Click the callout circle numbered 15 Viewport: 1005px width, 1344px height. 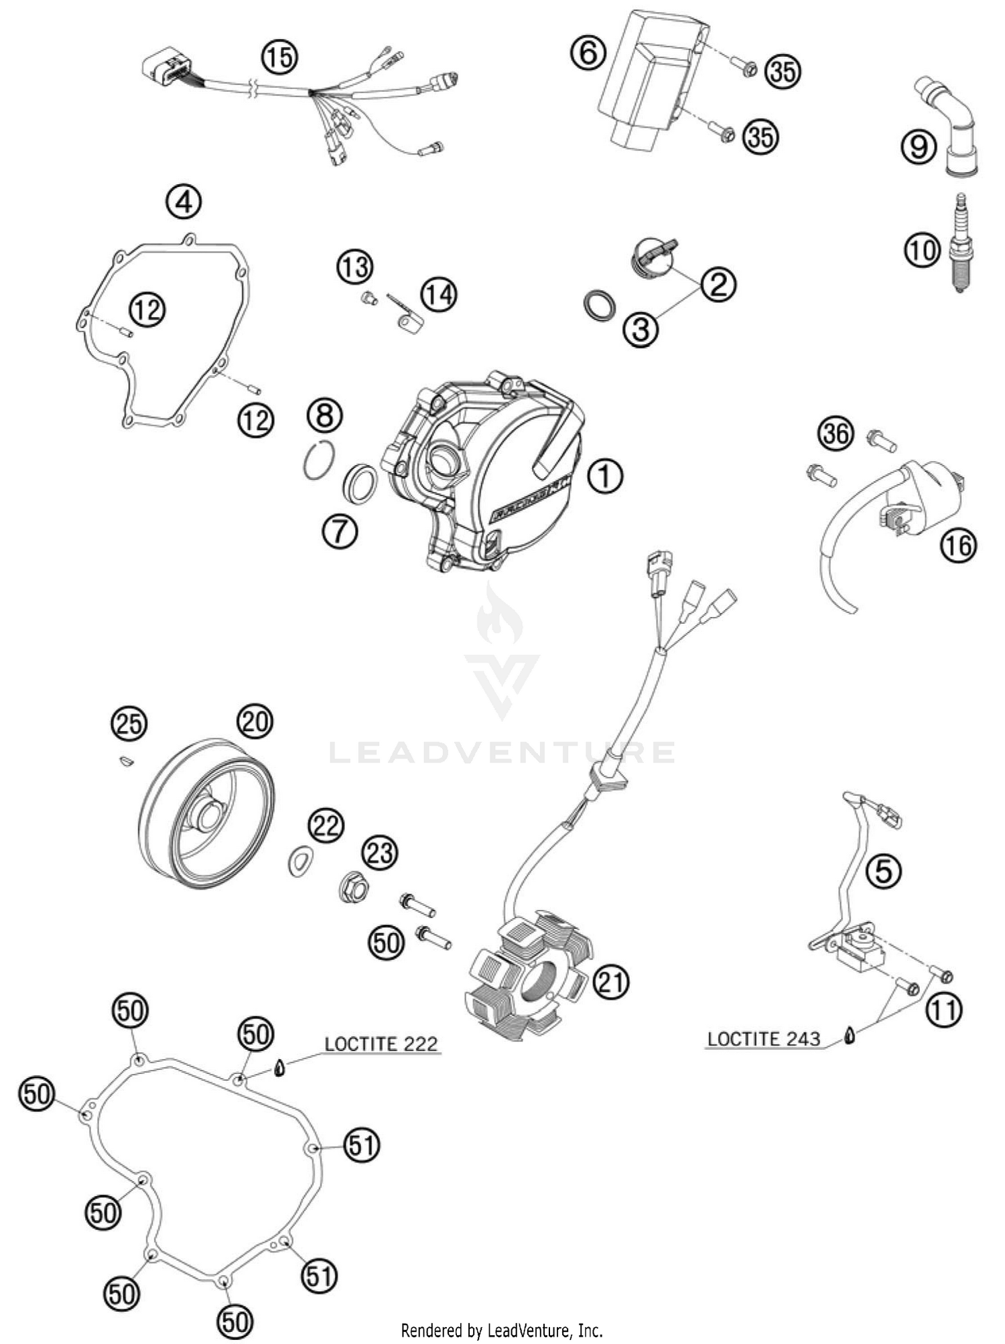[x=279, y=57]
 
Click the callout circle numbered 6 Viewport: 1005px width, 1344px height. [x=588, y=52]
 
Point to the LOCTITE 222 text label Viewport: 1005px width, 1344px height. [x=381, y=1044]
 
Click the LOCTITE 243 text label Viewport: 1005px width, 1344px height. [x=764, y=1039]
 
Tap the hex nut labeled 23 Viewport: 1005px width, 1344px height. [x=354, y=889]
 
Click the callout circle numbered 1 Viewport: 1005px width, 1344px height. [x=605, y=476]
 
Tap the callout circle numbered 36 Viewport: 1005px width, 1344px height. [x=835, y=434]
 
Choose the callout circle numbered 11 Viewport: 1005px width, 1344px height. [x=943, y=1010]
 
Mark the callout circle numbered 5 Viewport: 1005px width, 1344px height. [x=883, y=871]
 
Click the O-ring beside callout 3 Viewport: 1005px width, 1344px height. [x=598, y=305]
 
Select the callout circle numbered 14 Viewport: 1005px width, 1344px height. [x=439, y=294]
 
